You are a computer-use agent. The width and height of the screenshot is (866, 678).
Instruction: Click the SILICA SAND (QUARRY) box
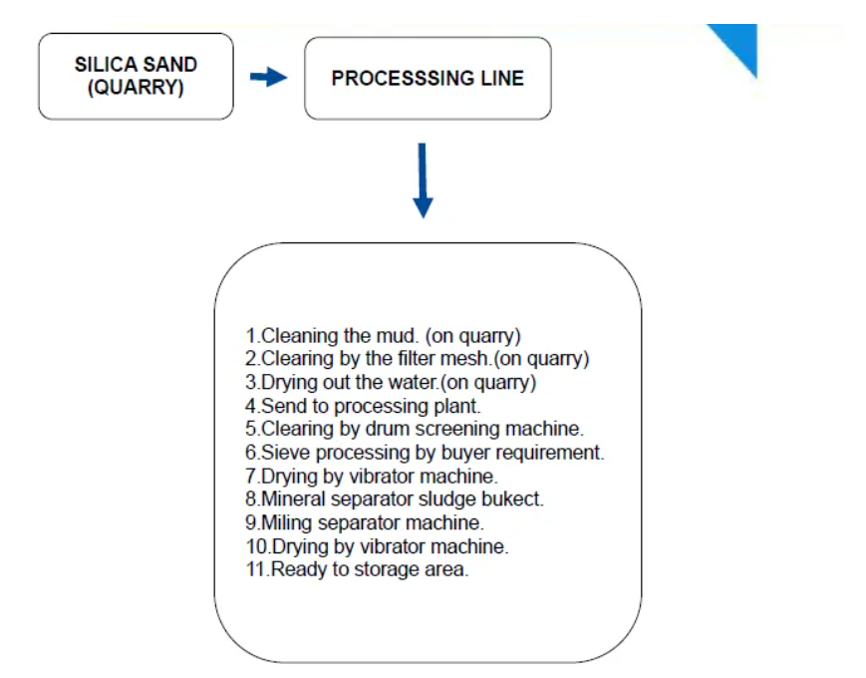(136, 76)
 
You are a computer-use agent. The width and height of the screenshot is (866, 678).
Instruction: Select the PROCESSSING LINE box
(428, 78)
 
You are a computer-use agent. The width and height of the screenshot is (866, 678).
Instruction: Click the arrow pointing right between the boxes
(268, 77)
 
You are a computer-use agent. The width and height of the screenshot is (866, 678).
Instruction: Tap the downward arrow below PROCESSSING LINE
(423, 180)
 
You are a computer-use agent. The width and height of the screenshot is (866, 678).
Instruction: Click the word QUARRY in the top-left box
(136, 88)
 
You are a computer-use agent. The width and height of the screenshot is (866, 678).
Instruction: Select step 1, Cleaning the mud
(383, 336)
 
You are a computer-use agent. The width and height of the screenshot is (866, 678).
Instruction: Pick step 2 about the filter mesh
(417, 359)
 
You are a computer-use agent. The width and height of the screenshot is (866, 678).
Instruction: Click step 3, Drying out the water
(391, 383)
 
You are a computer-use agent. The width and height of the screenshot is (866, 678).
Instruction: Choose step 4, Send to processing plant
(363, 406)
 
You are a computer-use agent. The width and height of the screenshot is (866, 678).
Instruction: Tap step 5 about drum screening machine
(415, 429)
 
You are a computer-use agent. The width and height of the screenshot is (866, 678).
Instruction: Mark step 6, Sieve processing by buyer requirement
(425, 453)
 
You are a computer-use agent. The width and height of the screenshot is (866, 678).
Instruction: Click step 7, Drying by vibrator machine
(371, 477)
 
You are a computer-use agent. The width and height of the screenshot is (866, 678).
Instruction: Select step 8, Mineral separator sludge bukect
(395, 499)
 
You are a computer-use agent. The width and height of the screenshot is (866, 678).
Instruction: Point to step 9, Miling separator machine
(365, 522)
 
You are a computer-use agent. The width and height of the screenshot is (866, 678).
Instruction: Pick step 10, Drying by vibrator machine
(377, 546)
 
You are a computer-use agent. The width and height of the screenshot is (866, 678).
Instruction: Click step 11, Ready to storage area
(357, 569)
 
